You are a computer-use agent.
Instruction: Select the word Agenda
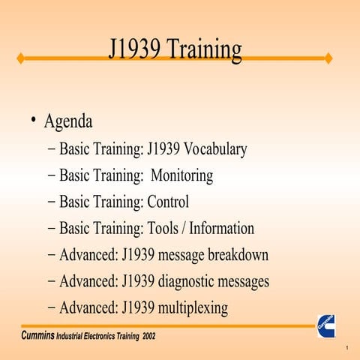point(68,121)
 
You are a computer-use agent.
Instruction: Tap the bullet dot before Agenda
point(34,120)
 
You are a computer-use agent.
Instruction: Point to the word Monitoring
point(182,175)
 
